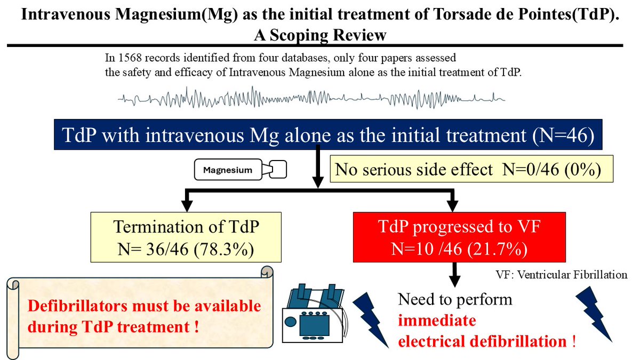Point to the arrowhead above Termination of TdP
click(186, 203)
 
